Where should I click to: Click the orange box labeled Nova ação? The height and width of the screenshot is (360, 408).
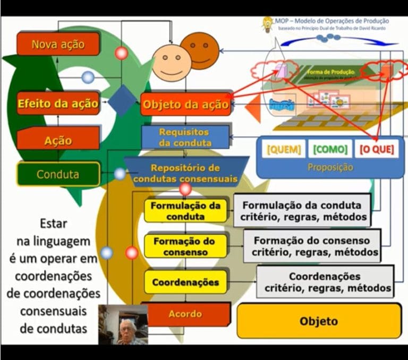(x=58, y=44)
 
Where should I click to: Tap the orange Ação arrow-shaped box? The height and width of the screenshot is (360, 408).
(x=58, y=140)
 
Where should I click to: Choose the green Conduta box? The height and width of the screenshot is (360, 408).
(x=58, y=174)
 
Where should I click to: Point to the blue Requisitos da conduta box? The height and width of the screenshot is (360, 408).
(x=185, y=137)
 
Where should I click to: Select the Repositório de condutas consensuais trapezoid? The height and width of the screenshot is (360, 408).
(x=185, y=173)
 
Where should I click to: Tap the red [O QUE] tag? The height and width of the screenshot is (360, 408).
(x=377, y=149)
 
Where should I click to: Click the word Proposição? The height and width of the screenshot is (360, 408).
(x=330, y=167)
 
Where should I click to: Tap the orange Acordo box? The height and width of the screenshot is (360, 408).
(x=185, y=314)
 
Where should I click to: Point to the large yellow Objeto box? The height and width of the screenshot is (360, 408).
(x=318, y=321)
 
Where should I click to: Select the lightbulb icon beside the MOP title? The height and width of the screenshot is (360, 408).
(x=267, y=24)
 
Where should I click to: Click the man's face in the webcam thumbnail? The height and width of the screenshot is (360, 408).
(x=126, y=330)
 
